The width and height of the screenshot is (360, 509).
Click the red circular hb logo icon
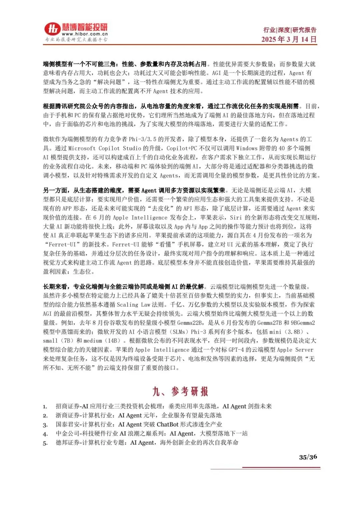pyautogui.click(x=53, y=29)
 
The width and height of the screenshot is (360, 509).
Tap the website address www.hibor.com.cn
pyautogui.click(x=85, y=34)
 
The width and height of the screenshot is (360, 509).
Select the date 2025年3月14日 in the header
pyautogui.click(x=289, y=39)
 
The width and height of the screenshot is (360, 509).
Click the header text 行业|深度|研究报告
pyautogui.click(x=290, y=30)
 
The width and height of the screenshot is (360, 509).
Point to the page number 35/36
pyautogui.click(x=308, y=457)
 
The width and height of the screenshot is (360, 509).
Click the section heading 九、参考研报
pyautogui.click(x=180, y=391)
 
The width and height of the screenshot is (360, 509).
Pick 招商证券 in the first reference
pyautogui.click(x=68, y=406)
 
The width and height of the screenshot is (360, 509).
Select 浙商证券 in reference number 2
pyautogui.click(x=68, y=415)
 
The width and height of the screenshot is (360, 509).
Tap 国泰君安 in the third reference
pyautogui.click(x=68, y=424)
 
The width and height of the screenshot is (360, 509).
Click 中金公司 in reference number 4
pyautogui.click(x=68, y=433)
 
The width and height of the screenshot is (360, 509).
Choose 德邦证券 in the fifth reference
pyautogui.click(x=68, y=442)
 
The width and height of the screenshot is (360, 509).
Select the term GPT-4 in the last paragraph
pyautogui.click(x=236, y=350)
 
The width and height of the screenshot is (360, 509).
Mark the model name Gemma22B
pyautogui.click(x=189, y=323)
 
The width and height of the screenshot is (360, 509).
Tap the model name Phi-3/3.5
pyautogui.click(x=142, y=139)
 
